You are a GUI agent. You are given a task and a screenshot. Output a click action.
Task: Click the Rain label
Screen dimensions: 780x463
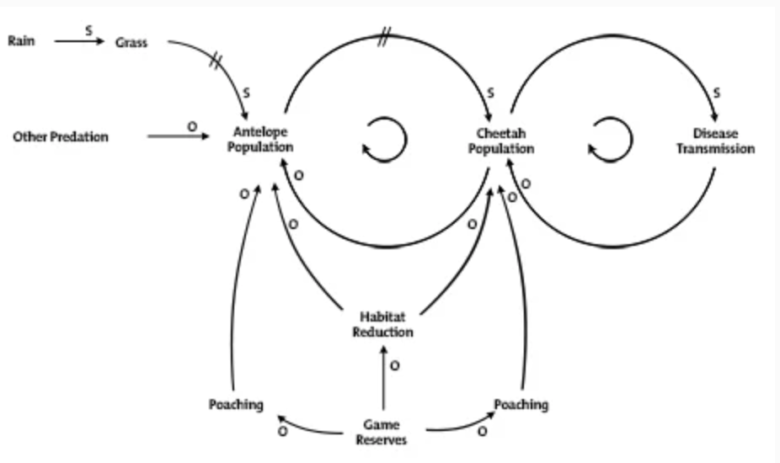21,40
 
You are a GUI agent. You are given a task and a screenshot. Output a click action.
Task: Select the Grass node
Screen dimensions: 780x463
131,43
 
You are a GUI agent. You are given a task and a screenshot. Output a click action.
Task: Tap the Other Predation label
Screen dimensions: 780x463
61,136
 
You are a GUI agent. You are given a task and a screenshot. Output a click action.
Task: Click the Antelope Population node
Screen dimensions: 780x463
260,139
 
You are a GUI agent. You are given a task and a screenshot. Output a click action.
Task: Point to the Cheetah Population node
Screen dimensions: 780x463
501,141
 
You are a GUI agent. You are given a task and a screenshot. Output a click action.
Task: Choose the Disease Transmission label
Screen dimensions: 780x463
715,141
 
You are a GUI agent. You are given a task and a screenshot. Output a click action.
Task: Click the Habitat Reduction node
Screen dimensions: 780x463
382,324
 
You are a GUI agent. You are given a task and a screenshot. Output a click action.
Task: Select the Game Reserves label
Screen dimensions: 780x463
382,432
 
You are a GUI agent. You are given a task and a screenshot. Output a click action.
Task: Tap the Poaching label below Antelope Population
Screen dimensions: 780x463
236,405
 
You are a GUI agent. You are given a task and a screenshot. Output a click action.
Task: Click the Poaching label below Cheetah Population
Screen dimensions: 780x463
521,405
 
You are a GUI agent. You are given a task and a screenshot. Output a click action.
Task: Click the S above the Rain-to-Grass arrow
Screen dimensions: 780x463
88,31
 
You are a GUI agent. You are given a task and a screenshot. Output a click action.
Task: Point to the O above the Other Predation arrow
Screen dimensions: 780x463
192,127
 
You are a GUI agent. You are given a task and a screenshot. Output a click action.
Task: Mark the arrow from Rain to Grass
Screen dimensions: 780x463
79,41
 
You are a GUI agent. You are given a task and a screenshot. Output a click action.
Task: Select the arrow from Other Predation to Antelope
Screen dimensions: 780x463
179,136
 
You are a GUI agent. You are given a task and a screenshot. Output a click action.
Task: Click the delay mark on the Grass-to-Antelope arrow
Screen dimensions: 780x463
215,61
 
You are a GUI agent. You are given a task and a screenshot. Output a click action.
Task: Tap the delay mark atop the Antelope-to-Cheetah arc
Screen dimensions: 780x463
383,37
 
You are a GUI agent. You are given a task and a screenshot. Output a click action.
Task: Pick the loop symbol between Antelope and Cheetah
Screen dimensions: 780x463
385,140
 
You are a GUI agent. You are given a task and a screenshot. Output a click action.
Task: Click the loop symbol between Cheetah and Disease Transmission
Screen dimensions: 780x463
611,140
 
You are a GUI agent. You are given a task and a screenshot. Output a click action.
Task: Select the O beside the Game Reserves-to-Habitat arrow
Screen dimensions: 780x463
394,366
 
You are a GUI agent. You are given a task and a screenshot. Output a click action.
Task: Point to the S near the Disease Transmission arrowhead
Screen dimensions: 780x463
716,93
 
